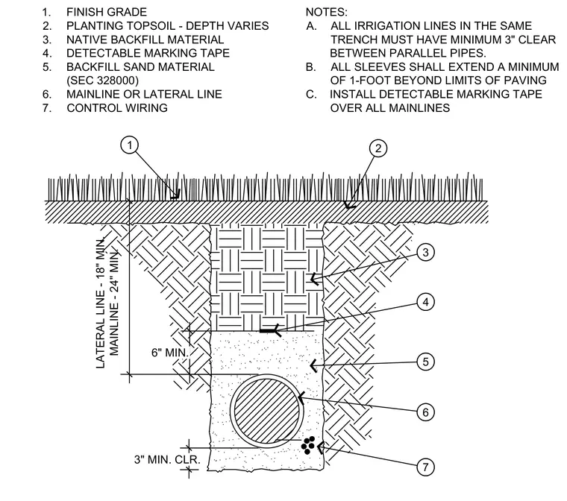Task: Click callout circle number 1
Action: (130, 145)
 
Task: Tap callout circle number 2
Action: (378, 148)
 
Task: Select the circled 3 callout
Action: (425, 252)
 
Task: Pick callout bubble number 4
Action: (425, 302)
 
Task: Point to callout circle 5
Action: (425, 362)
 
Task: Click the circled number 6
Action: (425, 412)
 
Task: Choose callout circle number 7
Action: (425, 467)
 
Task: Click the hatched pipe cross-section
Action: (267, 411)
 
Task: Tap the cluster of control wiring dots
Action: (308, 444)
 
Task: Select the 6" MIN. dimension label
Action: (170, 353)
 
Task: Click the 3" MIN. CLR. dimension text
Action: (167, 460)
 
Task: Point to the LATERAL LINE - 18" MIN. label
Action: (101, 303)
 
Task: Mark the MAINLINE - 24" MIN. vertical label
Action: (114, 303)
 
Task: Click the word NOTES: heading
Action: (327, 12)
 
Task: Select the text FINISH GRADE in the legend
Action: (107, 12)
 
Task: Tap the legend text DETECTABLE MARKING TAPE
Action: (148, 53)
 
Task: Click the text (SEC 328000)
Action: (102, 81)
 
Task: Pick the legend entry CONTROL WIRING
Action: (117, 107)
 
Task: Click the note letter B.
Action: (310, 67)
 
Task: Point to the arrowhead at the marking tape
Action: (275, 330)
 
